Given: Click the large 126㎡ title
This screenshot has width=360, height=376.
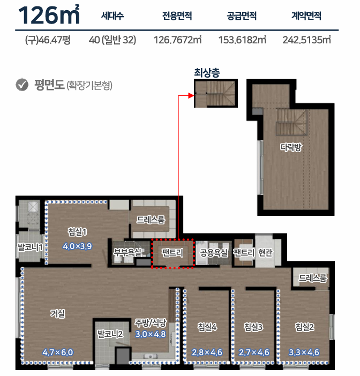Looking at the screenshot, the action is coord(49,15).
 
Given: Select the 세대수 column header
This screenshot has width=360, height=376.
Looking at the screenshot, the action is coord(112,16).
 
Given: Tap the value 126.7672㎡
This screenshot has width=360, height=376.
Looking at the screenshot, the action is coord(177,40).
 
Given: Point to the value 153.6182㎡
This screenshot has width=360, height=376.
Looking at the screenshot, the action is coord(242,40).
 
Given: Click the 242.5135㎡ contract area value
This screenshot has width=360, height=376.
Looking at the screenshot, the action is coord(307,40).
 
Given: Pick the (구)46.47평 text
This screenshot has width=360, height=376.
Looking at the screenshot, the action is coord(48,40).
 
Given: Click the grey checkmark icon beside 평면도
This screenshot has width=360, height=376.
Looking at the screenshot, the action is coord(22,85).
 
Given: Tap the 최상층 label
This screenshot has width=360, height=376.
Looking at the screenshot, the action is coord(207,72).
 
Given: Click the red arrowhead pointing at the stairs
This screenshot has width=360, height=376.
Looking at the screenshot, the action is coord(191,96).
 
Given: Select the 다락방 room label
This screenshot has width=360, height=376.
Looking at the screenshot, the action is coord(291,147).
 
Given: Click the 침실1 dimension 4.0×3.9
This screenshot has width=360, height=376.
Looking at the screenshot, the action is coord(77,246).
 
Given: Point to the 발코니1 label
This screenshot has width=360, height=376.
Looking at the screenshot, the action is coord(30,247).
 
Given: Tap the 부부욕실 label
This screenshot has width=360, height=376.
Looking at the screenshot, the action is coord(127,252).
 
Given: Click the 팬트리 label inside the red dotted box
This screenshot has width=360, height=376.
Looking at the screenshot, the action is coord(172,253).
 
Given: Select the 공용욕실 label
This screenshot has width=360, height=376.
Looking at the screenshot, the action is coord(214,252).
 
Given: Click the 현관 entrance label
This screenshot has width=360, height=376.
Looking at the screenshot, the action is coord(265,252).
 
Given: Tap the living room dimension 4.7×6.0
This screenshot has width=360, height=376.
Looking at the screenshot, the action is coord(58,352).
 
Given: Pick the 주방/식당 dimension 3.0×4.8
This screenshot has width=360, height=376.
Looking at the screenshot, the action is coord(151,334).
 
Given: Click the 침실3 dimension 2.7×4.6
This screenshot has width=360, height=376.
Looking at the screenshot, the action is coord(254,352).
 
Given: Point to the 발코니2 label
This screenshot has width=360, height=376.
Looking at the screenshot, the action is coord(110,334).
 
